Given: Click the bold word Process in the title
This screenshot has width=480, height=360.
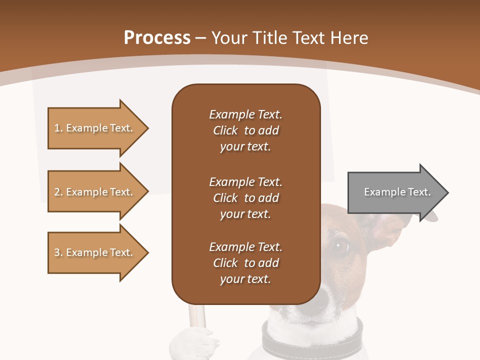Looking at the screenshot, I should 157,38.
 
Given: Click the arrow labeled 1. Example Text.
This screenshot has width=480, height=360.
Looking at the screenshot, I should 95,128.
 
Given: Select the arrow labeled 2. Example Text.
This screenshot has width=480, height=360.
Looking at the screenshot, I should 95,192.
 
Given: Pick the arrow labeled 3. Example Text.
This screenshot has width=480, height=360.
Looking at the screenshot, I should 95,252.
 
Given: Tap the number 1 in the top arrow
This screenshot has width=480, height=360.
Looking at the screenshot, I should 57,128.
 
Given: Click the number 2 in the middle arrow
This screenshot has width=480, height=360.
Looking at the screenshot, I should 57,192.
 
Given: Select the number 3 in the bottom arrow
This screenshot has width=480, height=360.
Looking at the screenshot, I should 57,252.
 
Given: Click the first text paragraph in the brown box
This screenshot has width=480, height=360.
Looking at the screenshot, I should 245,130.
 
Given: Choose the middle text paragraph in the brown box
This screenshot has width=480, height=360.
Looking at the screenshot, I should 245,197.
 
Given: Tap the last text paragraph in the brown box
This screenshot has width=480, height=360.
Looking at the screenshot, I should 245,263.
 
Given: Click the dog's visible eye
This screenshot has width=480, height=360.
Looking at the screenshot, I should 342,245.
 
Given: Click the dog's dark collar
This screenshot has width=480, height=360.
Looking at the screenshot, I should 310,340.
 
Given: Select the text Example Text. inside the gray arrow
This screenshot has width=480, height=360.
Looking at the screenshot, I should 397,192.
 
